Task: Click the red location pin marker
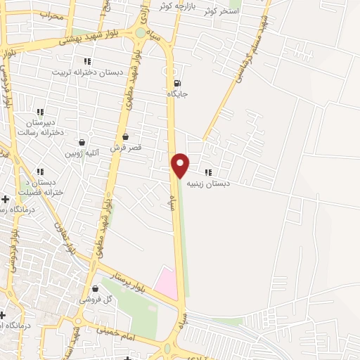(181, 165)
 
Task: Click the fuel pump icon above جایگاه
(176, 82)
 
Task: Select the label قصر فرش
(125, 148)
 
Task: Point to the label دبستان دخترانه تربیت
(87, 72)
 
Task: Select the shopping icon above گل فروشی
(94, 288)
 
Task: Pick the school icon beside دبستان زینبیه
(207, 172)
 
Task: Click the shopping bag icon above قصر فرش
(125, 137)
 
